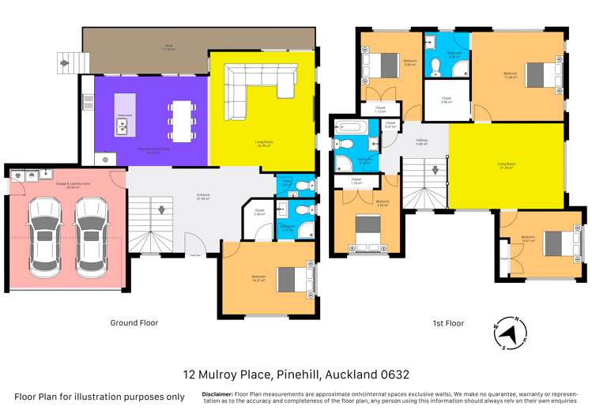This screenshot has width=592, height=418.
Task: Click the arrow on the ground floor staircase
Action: point(161,212)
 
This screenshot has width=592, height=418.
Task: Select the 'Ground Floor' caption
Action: point(134,323)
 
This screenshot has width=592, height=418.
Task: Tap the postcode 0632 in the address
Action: point(392,374)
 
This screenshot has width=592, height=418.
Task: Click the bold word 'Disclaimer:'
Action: point(217,394)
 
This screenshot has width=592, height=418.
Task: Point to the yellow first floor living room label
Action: point(507,167)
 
